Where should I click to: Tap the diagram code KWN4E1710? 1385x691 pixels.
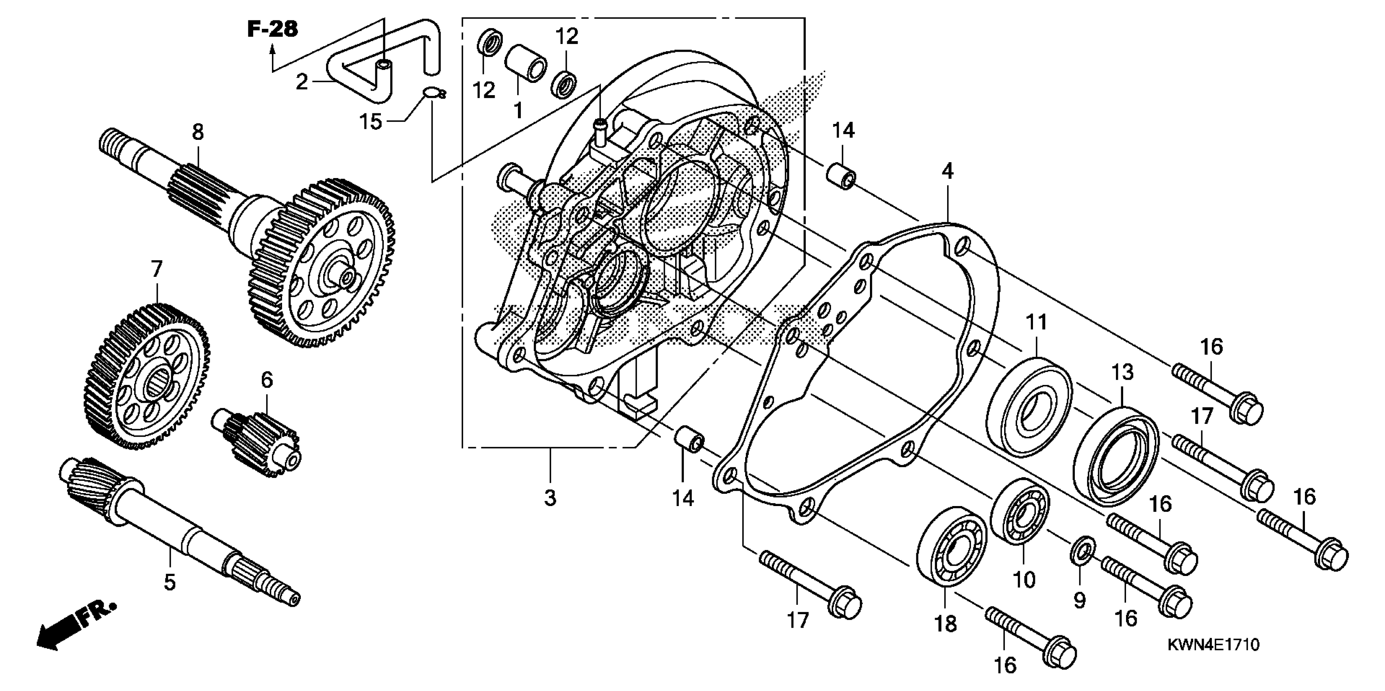click(1213, 645)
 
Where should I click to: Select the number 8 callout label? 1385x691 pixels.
click(198, 132)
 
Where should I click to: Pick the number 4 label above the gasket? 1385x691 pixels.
click(947, 172)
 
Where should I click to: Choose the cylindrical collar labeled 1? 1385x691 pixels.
click(525, 63)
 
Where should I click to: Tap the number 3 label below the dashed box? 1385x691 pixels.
click(550, 498)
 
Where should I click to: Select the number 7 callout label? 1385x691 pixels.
click(157, 269)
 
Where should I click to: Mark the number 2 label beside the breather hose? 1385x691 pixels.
click(302, 82)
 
